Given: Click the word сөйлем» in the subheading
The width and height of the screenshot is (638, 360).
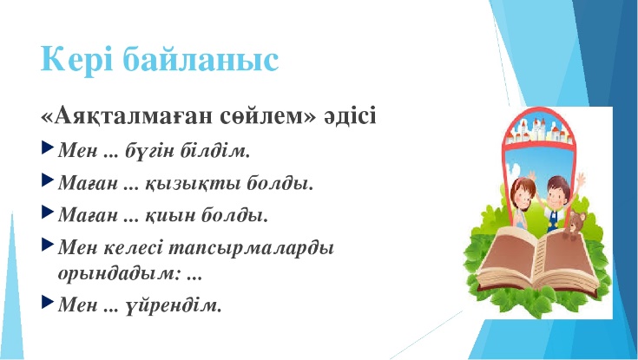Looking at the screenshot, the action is coord(267,116).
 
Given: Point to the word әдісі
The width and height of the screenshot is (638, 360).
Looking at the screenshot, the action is coord(351,116).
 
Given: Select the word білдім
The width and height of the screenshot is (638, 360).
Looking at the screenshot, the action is coord(215,151).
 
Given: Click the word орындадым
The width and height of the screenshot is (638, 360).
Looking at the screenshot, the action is coord(121,273).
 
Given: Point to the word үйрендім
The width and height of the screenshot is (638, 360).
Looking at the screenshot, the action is coord(174,304).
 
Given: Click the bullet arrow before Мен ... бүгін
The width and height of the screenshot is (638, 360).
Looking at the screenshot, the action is coord(47,147).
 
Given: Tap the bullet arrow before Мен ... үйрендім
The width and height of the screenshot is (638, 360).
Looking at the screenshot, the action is coord(47,301).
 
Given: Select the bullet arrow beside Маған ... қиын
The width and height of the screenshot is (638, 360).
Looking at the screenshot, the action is coord(47,212).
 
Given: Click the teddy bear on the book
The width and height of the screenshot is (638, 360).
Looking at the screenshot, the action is coord(574,225).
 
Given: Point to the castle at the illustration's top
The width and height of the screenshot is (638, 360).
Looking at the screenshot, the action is coord(538,129).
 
